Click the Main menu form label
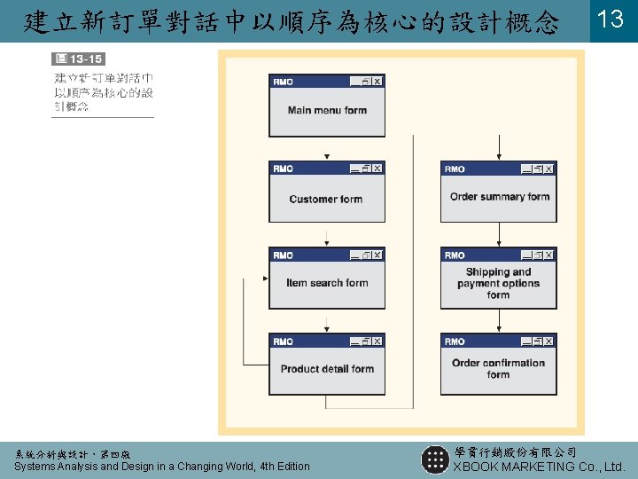point(327,111)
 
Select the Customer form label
point(326,200)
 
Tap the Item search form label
point(327,283)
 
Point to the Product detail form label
point(327,369)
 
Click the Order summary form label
point(500,197)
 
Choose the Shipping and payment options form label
point(498,284)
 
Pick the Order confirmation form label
point(498,368)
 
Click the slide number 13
point(611,20)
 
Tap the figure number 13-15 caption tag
point(79,59)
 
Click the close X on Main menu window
point(377,82)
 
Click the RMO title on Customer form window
point(284,169)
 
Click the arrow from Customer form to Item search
point(327,235)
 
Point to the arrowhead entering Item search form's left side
point(263,279)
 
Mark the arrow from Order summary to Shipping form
point(499,235)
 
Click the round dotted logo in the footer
point(435,459)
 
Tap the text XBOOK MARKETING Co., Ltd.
point(539,467)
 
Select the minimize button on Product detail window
point(355,342)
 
